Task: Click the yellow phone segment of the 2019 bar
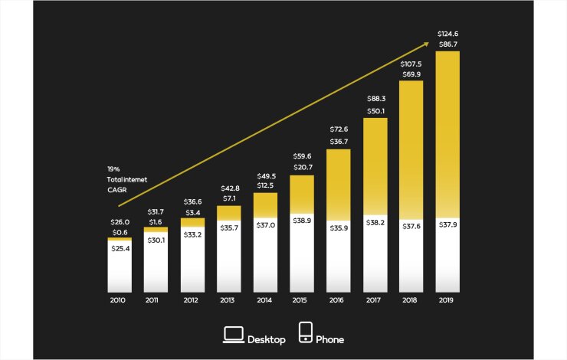point(448,130)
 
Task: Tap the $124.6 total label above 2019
point(448,34)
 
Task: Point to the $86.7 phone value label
point(448,45)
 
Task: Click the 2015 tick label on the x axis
point(302,301)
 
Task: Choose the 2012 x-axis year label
point(192,301)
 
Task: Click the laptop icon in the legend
point(233,334)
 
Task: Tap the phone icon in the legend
point(305,333)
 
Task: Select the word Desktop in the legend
point(267,339)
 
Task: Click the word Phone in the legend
point(330,339)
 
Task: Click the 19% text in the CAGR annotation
point(113,169)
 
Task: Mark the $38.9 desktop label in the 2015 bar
point(302,220)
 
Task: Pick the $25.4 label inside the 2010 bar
point(120,249)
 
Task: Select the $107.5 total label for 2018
point(411,64)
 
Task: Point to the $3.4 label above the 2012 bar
point(192,211)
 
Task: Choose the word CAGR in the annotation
point(116,189)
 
